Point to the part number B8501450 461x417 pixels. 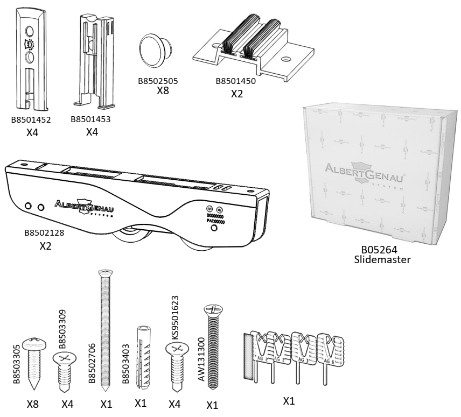tap(235, 82)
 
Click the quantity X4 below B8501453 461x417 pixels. tap(92, 131)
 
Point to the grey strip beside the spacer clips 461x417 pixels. tap(248, 353)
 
